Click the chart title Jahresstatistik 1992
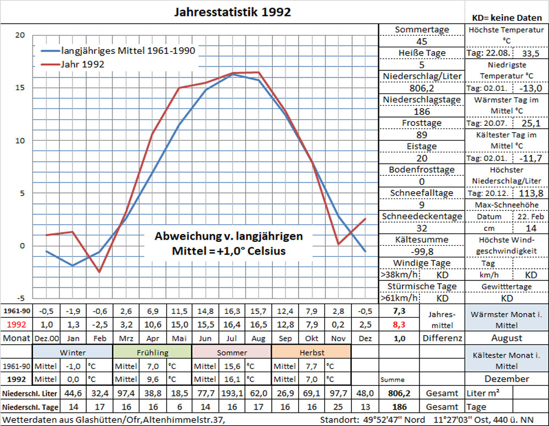232,12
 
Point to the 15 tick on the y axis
20,87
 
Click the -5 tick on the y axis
20,298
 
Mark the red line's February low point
99,272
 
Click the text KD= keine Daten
506,18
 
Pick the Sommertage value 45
422,41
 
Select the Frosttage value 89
422,135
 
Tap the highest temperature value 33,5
530,53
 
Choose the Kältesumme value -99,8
422,251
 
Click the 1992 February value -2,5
100,324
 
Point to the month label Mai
179,338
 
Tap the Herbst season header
311,352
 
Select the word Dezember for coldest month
506,379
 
